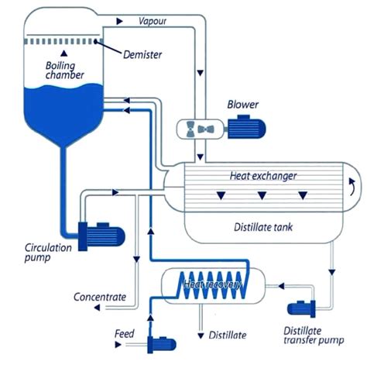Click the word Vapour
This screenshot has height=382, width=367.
pos(153,21)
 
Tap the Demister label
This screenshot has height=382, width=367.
pos(142,55)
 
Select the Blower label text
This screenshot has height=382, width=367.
pos(242,105)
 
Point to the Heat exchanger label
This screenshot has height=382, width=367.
pos(263,176)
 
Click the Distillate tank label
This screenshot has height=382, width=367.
pos(263,227)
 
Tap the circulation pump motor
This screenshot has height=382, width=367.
pos(101,236)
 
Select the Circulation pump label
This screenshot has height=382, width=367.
pos(48,253)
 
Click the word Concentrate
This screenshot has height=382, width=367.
pos(100,297)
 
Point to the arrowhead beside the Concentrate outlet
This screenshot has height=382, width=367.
pos(97,308)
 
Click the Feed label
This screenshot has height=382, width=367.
pos(125,334)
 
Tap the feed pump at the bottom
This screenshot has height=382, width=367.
pos(161,344)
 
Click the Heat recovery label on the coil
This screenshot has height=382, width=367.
pos(212,284)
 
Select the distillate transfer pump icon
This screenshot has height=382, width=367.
pos(301,309)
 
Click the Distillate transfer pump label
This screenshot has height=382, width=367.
pos(314,336)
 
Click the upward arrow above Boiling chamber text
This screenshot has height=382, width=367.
pos(64,53)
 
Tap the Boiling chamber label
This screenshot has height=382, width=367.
pos(64,71)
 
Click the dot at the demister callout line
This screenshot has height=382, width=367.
pos(96,42)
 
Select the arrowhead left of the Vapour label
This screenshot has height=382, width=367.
pos(119,21)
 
